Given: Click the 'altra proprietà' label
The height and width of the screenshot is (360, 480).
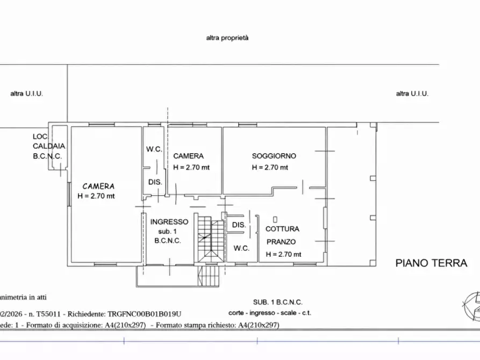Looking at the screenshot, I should point(227,38).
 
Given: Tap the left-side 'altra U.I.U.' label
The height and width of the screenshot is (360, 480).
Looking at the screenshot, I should point(26,93).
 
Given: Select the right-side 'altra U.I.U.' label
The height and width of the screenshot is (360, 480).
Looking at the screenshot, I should point(412,93).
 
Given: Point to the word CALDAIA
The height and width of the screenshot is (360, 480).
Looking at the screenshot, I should point(48,146).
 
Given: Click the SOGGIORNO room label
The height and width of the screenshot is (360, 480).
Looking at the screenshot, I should point(274,156).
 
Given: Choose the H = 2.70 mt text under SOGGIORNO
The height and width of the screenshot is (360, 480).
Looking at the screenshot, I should point(270,167).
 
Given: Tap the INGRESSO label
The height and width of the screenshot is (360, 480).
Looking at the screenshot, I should point(169,221).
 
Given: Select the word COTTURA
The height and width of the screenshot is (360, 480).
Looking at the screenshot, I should point(282,229).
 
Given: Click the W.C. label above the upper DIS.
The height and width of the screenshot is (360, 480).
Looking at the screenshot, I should point(154,149).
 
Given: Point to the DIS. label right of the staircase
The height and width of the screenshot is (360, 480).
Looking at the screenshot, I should point(239,225).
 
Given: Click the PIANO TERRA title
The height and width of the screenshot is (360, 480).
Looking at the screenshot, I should point(431,263).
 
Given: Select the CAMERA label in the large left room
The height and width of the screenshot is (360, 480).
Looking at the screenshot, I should point(98,186).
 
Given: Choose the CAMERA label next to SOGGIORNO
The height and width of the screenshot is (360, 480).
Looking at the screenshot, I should point(188,156).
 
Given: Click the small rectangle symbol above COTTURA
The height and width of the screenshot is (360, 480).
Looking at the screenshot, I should point(275,219).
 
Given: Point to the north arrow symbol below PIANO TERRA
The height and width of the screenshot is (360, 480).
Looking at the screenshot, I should point(471,304).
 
